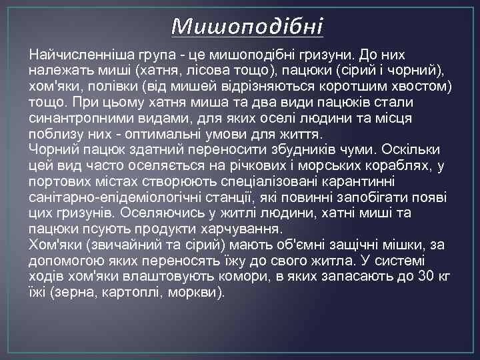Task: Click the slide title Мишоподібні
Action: click(247, 27)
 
